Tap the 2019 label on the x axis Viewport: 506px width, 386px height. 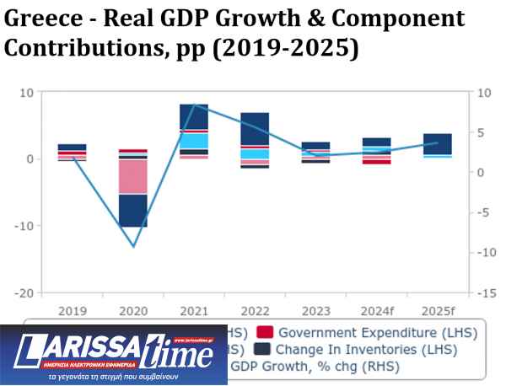coord(72,309)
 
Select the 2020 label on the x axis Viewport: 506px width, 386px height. coord(132,309)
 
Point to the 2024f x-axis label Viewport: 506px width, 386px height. coord(376,309)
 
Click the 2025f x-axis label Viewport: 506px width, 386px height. coord(437,309)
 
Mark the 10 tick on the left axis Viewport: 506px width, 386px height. coord(27,92)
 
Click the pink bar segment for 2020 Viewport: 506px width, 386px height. coord(132,177)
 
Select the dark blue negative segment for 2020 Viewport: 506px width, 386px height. coord(132,211)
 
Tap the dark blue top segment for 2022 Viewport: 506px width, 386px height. coord(255,129)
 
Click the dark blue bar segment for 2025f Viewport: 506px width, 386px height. coord(437,143)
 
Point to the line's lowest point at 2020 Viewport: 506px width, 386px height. coord(132,247)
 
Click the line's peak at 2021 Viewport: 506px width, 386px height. coord(194,105)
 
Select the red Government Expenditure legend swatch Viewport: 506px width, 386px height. coord(263,332)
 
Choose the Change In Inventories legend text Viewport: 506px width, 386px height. coord(367,349)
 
